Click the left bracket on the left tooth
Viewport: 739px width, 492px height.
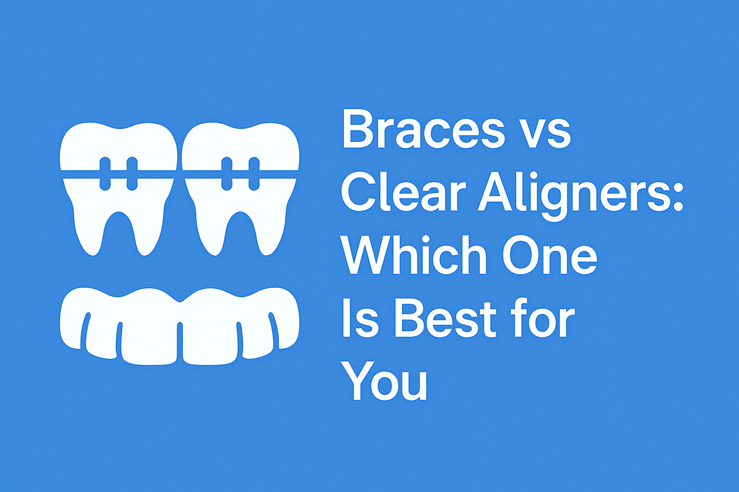click(x=105, y=173)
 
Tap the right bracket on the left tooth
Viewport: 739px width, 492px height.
click(x=132, y=173)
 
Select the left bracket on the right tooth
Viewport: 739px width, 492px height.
click(x=227, y=173)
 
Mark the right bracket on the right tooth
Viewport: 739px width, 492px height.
click(x=254, y=173)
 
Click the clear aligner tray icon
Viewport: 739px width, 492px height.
click(x=180, y=326)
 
